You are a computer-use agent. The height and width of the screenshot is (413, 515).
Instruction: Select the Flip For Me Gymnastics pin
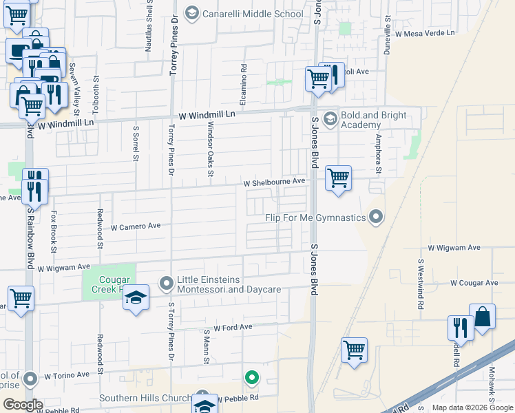tap(376, 218)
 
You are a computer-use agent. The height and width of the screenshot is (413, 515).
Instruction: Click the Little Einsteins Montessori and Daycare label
tap(229, 284)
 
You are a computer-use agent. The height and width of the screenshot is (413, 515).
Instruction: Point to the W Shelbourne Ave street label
tap(274, 182)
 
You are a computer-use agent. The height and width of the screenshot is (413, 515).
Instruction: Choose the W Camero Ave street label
tap(135, 226)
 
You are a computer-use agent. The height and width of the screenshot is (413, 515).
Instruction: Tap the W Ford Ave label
tap(233, 327)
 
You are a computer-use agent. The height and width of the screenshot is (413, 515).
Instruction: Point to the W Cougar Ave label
tap(474, 283)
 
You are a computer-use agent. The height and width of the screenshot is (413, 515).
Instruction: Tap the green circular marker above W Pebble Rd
tap(253, 377)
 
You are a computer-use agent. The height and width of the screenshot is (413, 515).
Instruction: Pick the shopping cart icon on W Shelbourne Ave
tap(338, 178)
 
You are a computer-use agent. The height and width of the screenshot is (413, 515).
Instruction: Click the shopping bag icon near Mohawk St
tap(482, 317)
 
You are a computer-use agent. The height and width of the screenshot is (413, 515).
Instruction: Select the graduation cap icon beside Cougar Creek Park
tap(136, 297)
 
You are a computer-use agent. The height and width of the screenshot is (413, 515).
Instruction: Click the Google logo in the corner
tap(23, 405)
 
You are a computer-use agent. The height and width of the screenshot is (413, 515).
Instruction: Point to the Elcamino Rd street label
tap(244, 80)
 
